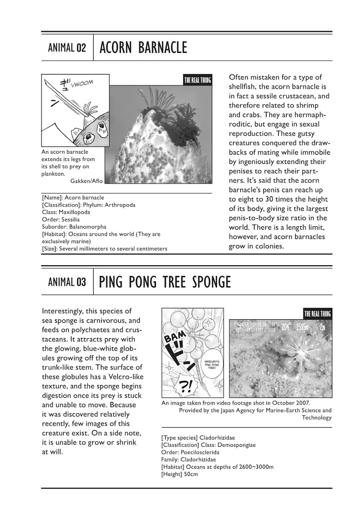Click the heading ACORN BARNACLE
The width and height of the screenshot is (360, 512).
pyautogui.click(x=143, y=48)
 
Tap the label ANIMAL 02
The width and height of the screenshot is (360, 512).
pyautogui.click(x=67, y=49)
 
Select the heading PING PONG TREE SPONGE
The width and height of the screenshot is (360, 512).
pyautogui.click(x=165, y=282)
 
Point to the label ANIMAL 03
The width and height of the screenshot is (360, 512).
pyautogui.click(x=67, y=282)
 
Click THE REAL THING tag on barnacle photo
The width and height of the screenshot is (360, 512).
pyautogui.click(x=197, y=80)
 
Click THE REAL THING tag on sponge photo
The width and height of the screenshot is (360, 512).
pyautogui.click(x=317, y=314)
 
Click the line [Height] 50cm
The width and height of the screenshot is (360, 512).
pyautogui.click(x=179, y=474)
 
